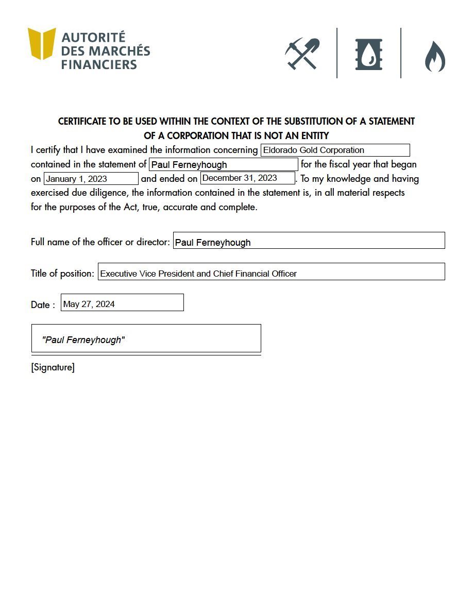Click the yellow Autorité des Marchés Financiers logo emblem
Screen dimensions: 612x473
pyautogui.click(x=42, y=43)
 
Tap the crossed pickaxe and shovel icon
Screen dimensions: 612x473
pyautogui.click(x=302, y=54)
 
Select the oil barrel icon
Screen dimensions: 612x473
pyautogui.click(x=369, y=54)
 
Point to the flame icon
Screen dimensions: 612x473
pyautogui.click(x=435, y=56)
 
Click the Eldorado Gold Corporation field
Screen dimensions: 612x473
pyautogui.click(x=335, y=150)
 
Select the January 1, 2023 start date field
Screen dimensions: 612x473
pyautogui.click(x=91, y=179)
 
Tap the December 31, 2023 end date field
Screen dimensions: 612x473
pyautogui.click(x=247, y=178)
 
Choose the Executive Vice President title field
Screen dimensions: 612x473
pyautogui.click(x=271, y=274)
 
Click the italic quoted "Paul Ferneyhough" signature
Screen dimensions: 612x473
pyautogui.click(x=83, y=340)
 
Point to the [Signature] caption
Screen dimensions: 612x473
pyautogui.click(x=53, y=368)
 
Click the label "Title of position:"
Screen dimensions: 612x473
pyautogui.click(x=63, y=273)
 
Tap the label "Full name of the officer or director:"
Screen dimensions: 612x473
pyautogui.click(x=100, y=242)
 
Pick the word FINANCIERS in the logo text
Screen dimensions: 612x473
pyautogui.click(x=99, y=65)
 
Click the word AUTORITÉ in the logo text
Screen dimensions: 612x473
pyautogui.click(x=93, y=38)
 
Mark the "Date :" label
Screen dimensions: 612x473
pyautogui.click(x=43, y=305)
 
